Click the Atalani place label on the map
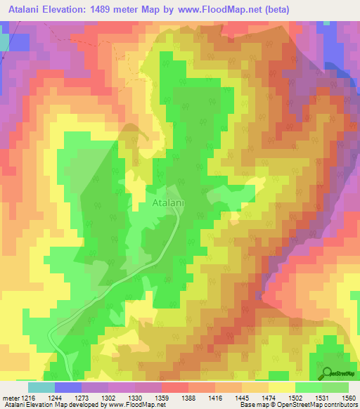[169, 203]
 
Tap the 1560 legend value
[349, 397]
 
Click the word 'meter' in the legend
[11, 397]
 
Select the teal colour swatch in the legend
[41, 387]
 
